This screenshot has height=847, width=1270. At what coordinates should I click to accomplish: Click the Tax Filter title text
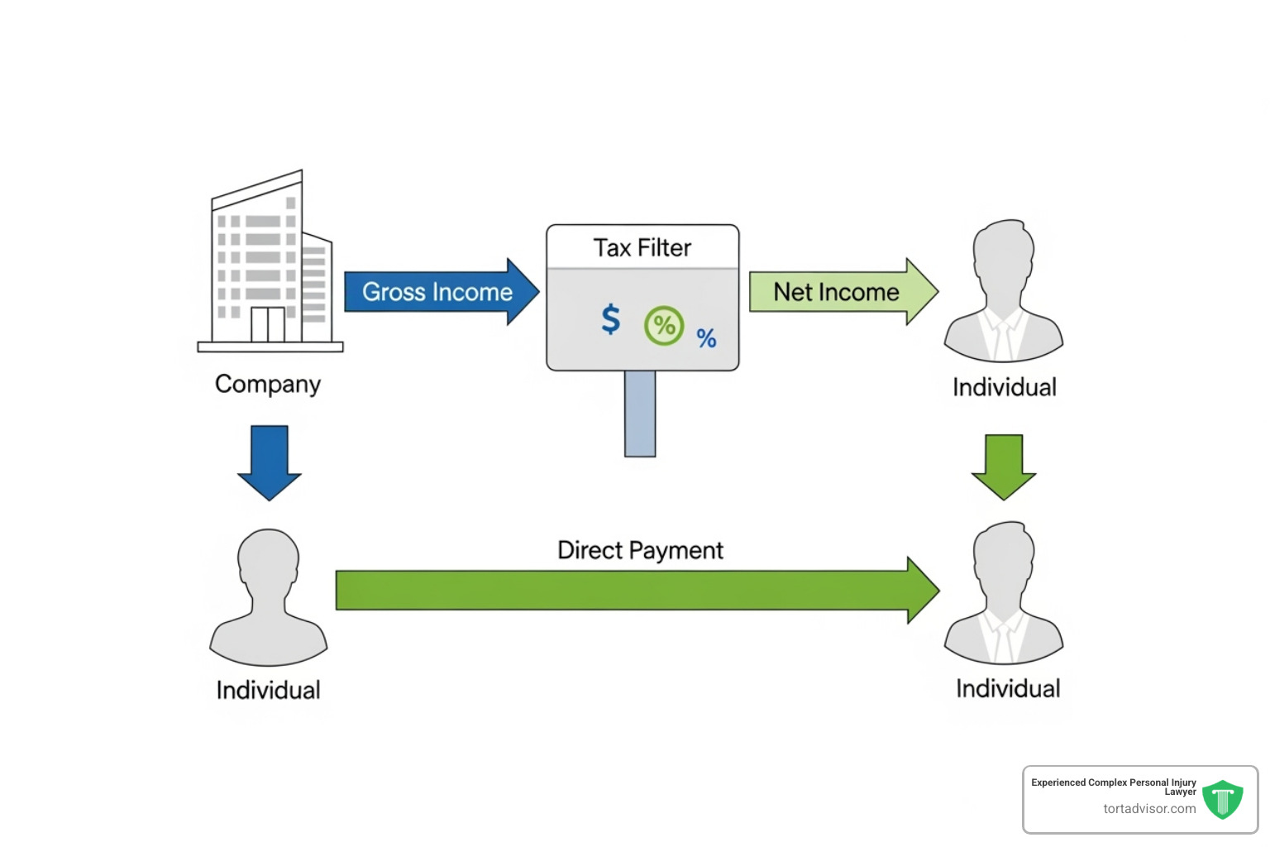pos(642,248)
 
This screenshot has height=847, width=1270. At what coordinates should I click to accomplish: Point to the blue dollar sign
pos(610,318)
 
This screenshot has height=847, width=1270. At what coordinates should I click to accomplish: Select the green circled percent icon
pos(664,325)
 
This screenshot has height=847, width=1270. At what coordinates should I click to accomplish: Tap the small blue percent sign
pos(706,337)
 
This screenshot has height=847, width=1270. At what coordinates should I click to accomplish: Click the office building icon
pos(269,265)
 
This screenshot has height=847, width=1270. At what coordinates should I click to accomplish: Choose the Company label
pos(268,384)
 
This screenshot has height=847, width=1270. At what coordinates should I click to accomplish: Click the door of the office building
pos(268,324)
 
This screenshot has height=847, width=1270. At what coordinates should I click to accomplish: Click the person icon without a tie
pos(269,597)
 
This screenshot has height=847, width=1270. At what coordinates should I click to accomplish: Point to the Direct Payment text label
pos(640,550)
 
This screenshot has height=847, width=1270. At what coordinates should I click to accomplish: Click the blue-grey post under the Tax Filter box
pos(640,413)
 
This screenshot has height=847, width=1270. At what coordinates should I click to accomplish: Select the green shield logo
pos(1222,800)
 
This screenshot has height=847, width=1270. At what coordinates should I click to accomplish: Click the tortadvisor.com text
pos(1149,809)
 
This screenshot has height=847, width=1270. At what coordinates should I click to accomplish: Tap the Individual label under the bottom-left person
pos(268,690)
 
